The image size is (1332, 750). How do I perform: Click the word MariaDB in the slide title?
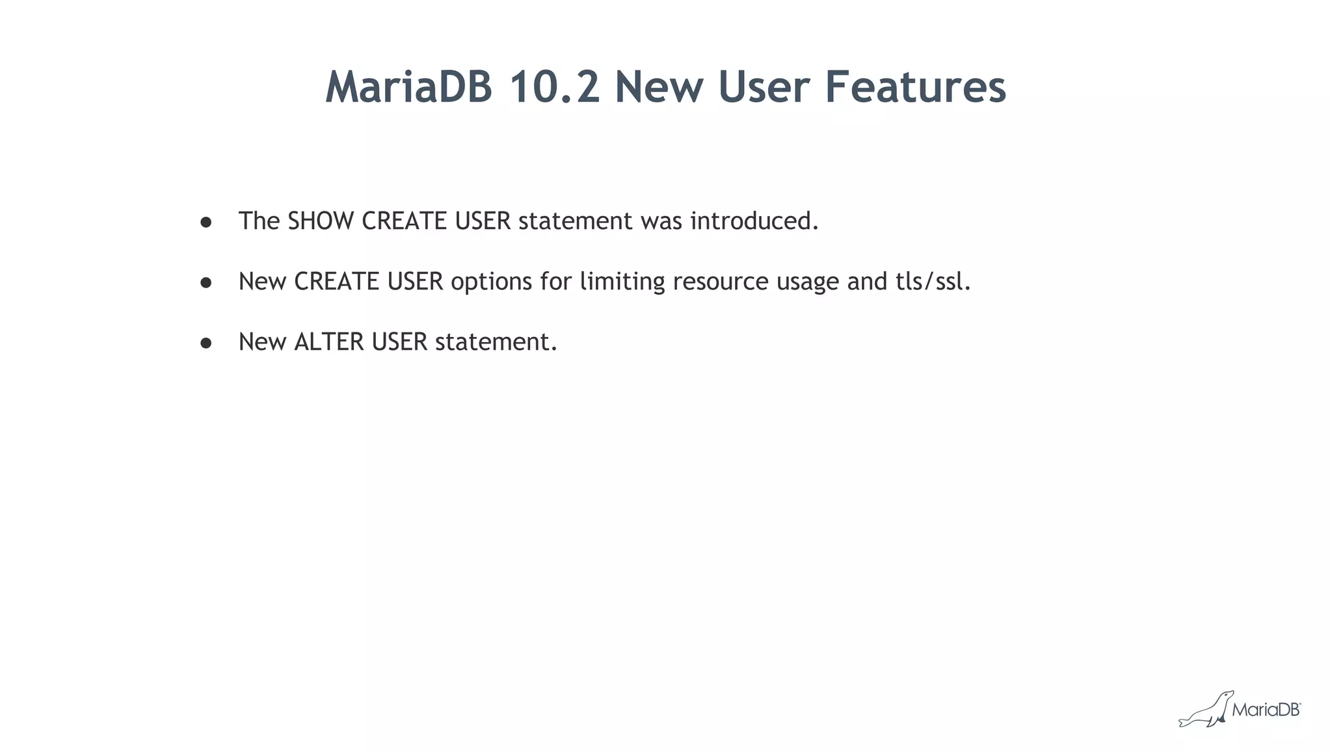pyautogui.click(x=409, y=87)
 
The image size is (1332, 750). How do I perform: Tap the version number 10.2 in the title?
pyautogui.click(x=553, y=87)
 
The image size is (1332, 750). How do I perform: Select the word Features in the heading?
pyautogui.click(x=915, y=87)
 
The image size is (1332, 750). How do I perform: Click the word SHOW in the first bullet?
pyautogui.click(x=321, y=221)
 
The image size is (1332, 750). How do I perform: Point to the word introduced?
pyautogui.click(x=754, y=221)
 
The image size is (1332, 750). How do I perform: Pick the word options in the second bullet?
pyautogui.click(x=491, y=282)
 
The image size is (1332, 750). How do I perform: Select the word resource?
pyautogui.click(x=721, y=282)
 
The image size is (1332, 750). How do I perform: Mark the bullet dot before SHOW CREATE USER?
pyautogui.click(x=206, y=222)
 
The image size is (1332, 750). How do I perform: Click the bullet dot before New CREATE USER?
pyautogui.click(x=206, y=283)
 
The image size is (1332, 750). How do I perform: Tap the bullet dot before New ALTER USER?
pyautogui.click(x=206, y=343)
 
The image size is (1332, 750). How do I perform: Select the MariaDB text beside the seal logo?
pyautogui.click(x=1266, y=710)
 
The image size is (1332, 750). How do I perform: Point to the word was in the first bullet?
pyautogui.click(x=661, y=221)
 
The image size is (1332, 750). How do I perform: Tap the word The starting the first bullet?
pyautogui.click(x=259, y=221)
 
